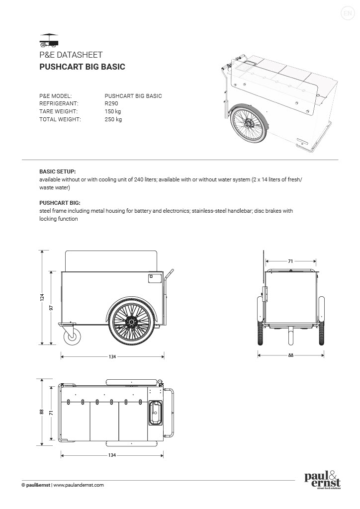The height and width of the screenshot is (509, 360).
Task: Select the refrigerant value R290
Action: tap(111, 103)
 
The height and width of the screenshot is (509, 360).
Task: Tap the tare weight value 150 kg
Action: tap(113, 111)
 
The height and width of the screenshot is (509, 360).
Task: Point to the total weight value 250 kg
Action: tap(113, 119)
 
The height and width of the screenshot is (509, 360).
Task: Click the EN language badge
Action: tap(347, 13)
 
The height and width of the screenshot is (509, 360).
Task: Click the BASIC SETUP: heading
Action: tap(57, 171)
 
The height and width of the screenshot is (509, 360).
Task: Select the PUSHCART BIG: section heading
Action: tap(60, 203)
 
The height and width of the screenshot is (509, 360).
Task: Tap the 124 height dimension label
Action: tap(42, 297)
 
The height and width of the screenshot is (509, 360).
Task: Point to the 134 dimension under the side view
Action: tap(112, 356)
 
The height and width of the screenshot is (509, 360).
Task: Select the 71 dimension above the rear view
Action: tap(290, 260)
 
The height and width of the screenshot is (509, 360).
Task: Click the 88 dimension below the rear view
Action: tap(290, 355)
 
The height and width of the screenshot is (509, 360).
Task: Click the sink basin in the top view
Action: tap(155, 413)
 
